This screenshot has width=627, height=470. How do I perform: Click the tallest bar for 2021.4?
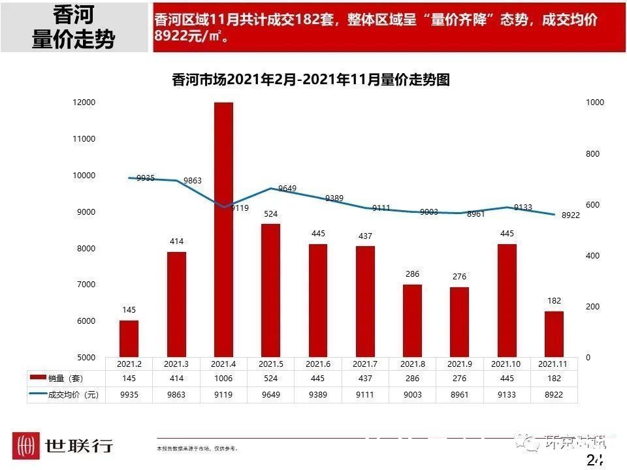(223, 228)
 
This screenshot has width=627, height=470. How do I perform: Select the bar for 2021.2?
(129, 339)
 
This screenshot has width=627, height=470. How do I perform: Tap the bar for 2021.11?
(554, 334)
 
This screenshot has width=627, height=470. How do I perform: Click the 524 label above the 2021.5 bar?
(270, 213)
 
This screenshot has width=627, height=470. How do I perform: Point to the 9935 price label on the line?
(146, 178)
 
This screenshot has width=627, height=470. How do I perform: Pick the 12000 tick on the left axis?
(85, 102)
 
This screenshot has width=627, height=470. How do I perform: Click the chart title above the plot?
(311, 80)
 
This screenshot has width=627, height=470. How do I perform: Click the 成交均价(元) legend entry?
(65, 395)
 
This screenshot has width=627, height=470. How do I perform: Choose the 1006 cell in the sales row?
(223, 379)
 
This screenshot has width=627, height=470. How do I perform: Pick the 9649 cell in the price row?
(270, 395)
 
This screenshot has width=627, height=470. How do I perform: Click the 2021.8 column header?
(412, 363)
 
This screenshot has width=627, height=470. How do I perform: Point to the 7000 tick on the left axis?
(85, 285)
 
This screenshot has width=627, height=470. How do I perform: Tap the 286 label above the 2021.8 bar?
(412, 274)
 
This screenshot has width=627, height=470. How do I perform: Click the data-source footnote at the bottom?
(197, 449)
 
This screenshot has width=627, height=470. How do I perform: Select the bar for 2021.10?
(506, 300)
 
